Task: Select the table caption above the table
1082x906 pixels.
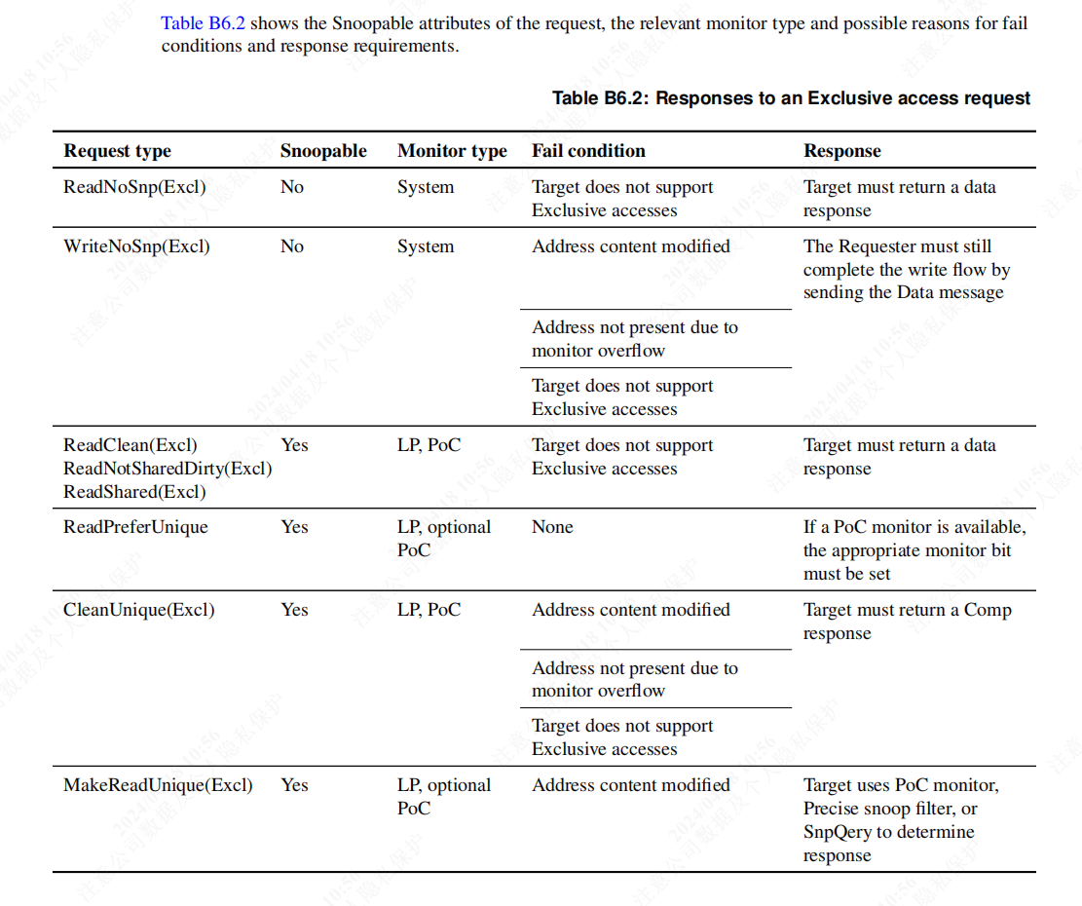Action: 791,97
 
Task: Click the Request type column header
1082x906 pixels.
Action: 117,151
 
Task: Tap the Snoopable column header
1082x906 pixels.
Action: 323,151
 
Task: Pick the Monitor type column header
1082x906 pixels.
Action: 452,151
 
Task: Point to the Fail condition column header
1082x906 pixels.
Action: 588,151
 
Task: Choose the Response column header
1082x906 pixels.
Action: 841,151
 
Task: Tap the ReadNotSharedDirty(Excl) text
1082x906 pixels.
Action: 168,469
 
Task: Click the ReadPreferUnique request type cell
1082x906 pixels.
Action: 135,527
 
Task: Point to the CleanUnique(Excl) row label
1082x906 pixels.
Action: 139,610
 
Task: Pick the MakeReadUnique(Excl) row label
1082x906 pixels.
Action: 158,785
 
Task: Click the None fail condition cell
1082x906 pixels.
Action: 552,527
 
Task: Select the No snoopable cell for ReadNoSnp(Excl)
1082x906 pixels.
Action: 292,187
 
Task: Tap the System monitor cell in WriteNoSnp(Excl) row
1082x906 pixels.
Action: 426,246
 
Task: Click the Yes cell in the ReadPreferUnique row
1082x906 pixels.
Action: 294,527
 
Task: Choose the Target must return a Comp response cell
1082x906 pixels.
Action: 907,622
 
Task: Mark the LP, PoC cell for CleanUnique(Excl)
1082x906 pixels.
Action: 429,610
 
